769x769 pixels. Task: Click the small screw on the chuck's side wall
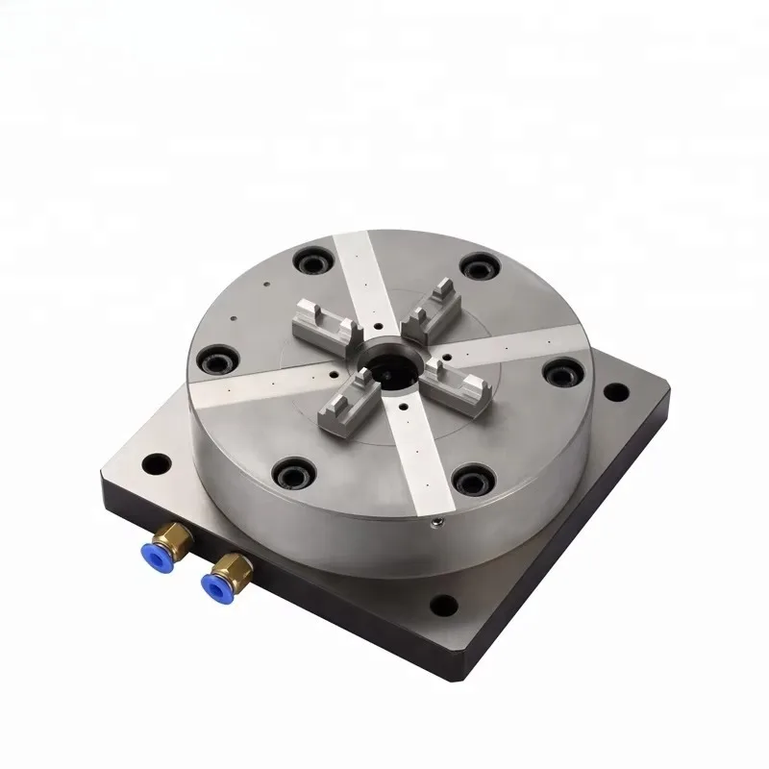(x=437, y=522)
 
